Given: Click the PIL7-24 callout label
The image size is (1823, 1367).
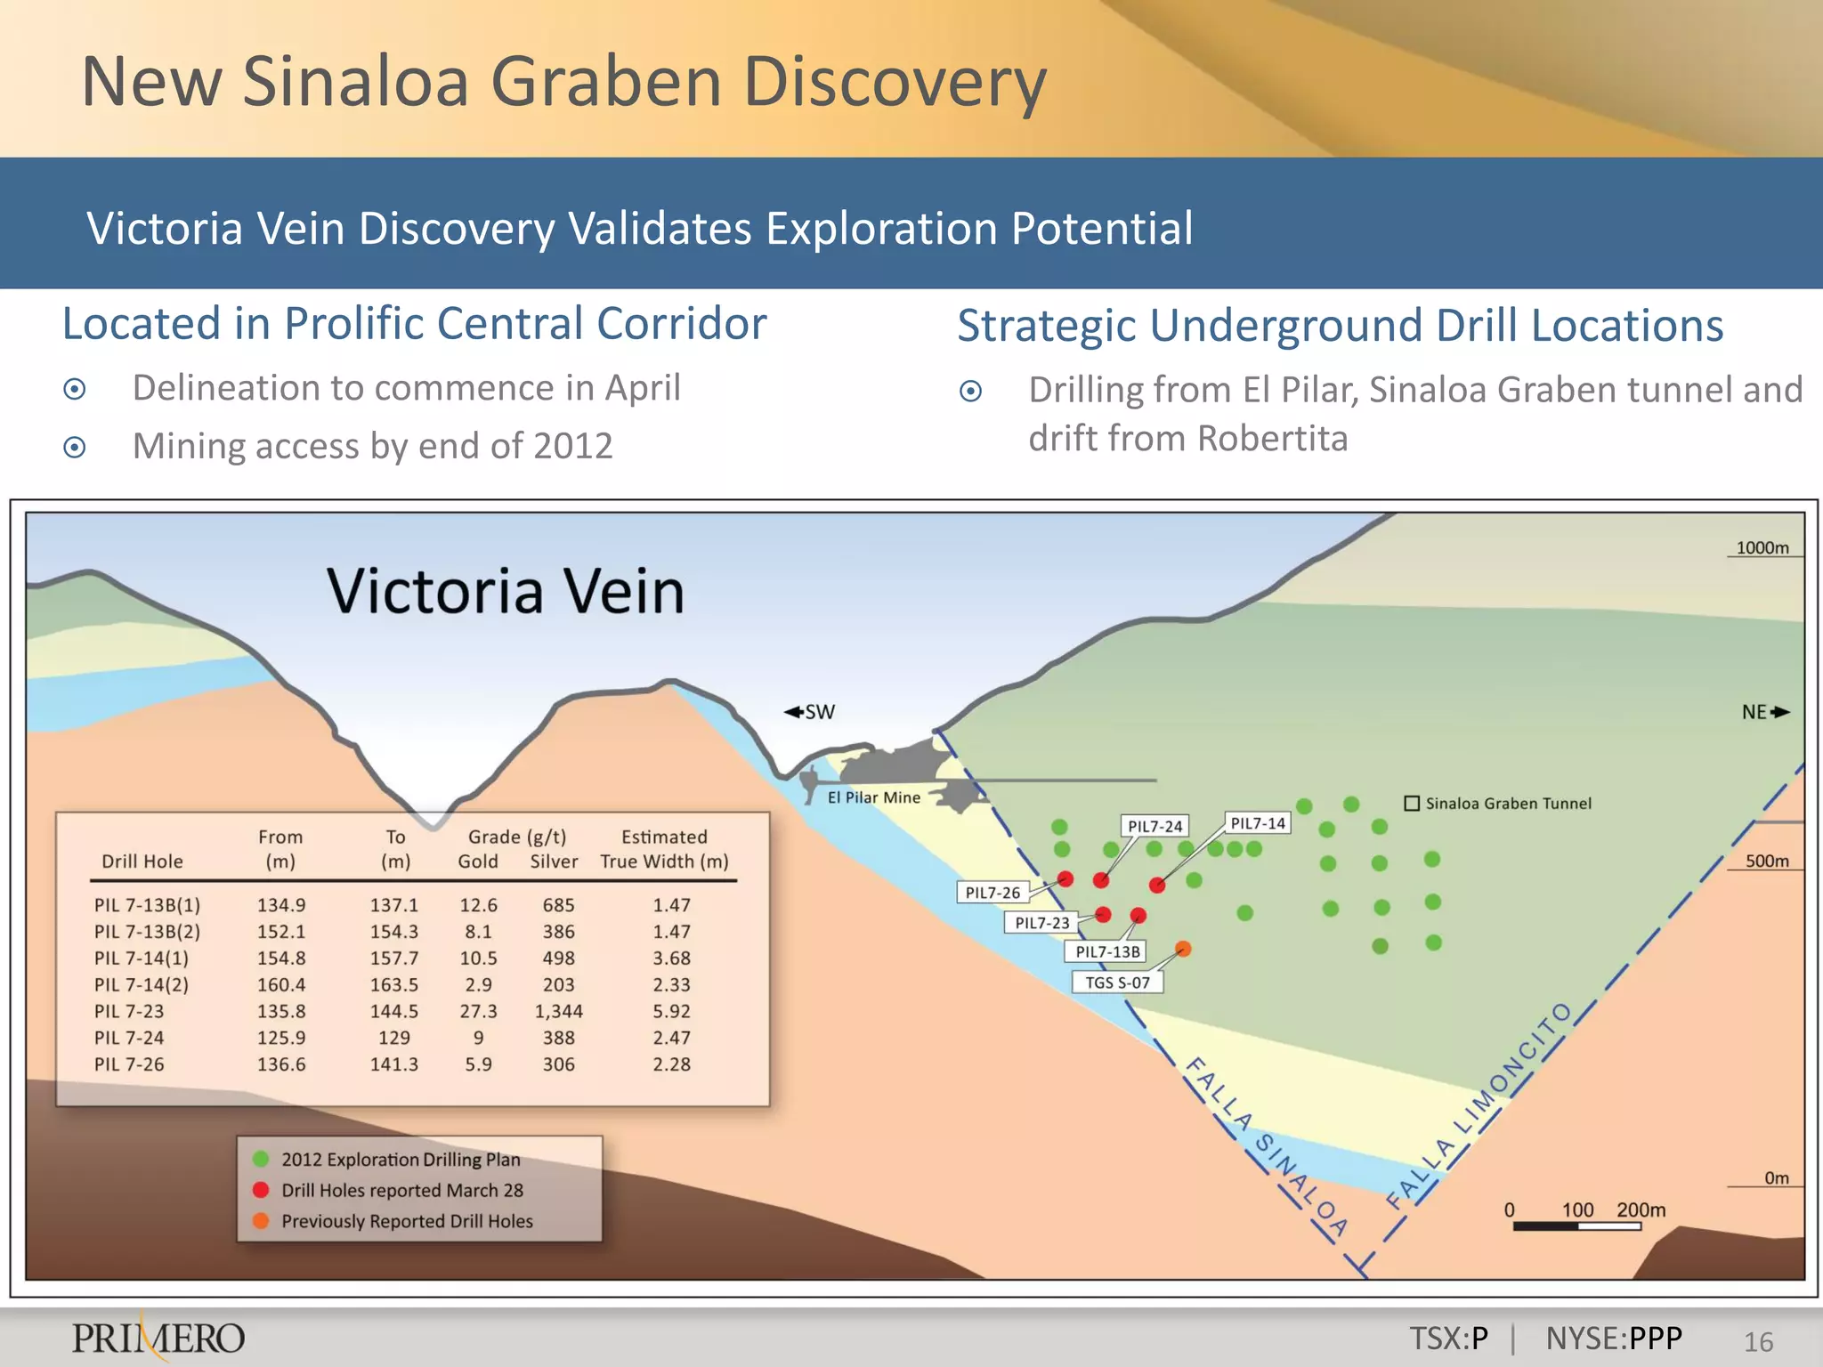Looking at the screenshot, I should (1155, 826).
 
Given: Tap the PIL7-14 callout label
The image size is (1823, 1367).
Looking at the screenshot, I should (1257, 823).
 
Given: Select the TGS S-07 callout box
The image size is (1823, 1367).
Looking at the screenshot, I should (1117, 983).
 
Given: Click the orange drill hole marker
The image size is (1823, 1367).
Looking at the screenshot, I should (1183, 949).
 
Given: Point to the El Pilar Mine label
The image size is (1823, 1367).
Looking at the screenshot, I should (873, 797).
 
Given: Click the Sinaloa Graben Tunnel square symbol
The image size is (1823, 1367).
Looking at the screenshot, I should (1412, 804).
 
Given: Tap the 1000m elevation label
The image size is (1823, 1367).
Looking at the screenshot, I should (1762, 548).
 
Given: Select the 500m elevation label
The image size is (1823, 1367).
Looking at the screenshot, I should (1766, 861).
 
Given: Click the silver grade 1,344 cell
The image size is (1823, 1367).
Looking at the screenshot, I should (558, 1012).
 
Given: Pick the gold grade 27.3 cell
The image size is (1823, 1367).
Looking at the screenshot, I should (478, 1012).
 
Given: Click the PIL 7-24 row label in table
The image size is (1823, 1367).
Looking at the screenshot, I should (129, 1039).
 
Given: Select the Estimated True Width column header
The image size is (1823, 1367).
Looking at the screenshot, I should (664, 849).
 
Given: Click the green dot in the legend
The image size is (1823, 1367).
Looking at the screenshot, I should (261, 1159).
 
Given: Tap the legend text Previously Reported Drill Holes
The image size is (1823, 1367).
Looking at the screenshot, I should (407, 1222).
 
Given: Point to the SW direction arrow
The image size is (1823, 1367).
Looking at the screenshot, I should (794, 712).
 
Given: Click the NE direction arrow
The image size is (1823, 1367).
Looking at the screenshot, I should (1780, 712).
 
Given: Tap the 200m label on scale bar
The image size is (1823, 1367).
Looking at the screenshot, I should (1641, 1210).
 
